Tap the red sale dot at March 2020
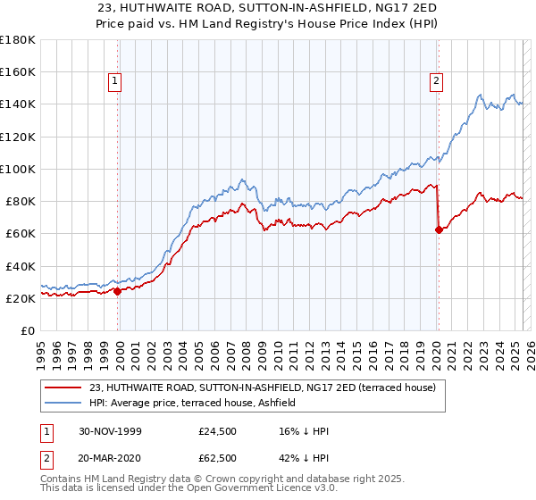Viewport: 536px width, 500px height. [439, 229]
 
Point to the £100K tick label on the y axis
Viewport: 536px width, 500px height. [17, 169]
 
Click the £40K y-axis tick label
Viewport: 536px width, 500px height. [21, 266]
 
